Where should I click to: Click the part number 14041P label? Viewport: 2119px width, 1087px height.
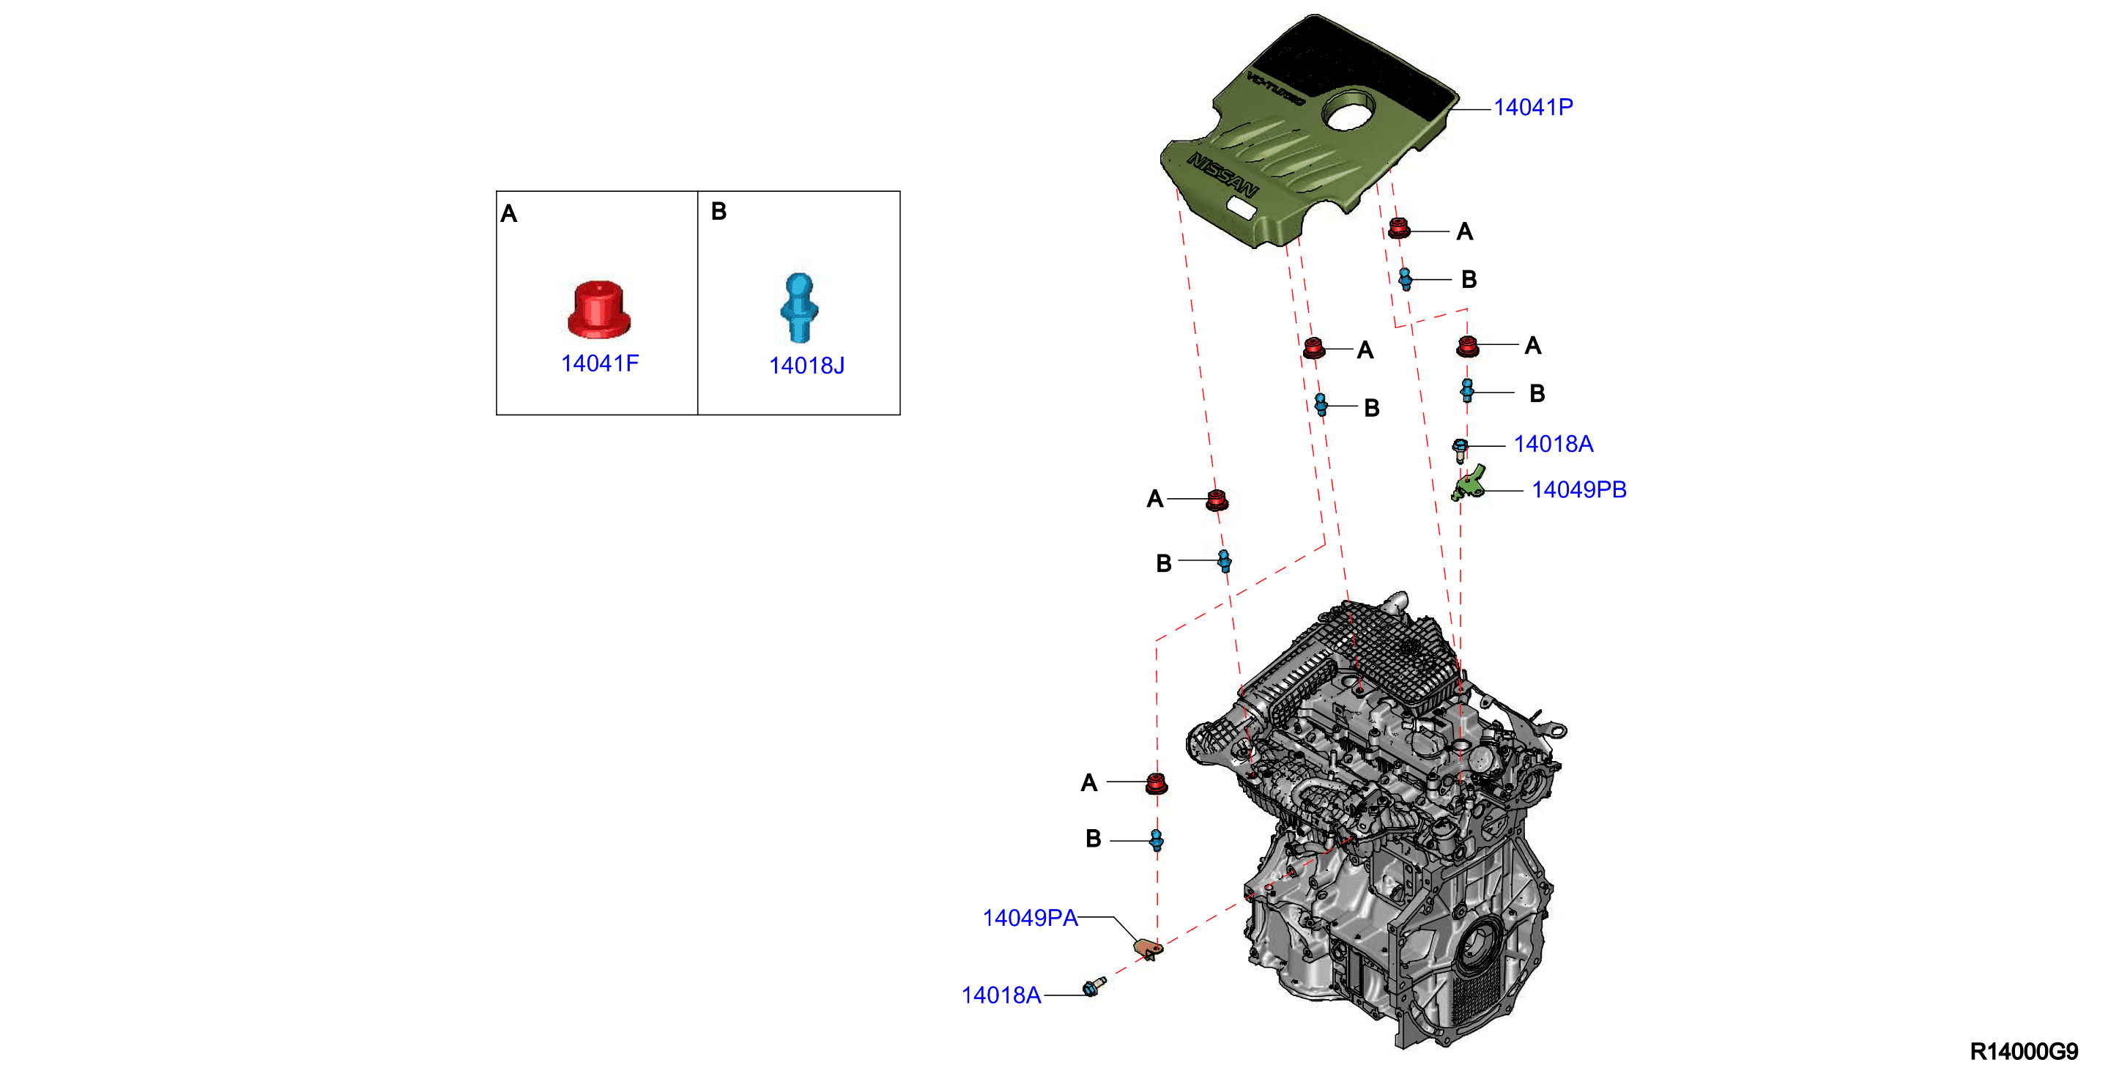coord(1532,107)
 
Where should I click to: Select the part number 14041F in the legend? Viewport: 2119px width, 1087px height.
coord(600,363)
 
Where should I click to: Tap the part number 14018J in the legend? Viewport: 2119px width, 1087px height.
coord(806,366)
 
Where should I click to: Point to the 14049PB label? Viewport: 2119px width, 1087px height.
coord(1578,489)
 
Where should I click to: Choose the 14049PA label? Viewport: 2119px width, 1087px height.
coord(1030,918)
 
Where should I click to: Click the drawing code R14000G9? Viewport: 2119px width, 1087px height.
coord(2024,1051)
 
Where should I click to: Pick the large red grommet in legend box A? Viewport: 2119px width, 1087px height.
coord(600,308)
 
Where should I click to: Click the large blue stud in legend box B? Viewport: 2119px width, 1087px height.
coord(798,307)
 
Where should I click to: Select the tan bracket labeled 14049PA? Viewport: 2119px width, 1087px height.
coord(1148,949)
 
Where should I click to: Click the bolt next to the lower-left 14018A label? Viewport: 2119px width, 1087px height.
coord(1094,986)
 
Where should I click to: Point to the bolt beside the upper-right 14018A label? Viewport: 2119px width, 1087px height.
coord(1460,450)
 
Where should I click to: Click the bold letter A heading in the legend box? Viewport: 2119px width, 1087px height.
coord(509,214)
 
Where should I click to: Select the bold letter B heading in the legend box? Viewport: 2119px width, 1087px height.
coord(718,212)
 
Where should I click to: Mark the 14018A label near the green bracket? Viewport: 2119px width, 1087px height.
coord(1553,445)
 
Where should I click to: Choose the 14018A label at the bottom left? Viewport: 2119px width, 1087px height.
coord(1001,995)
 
